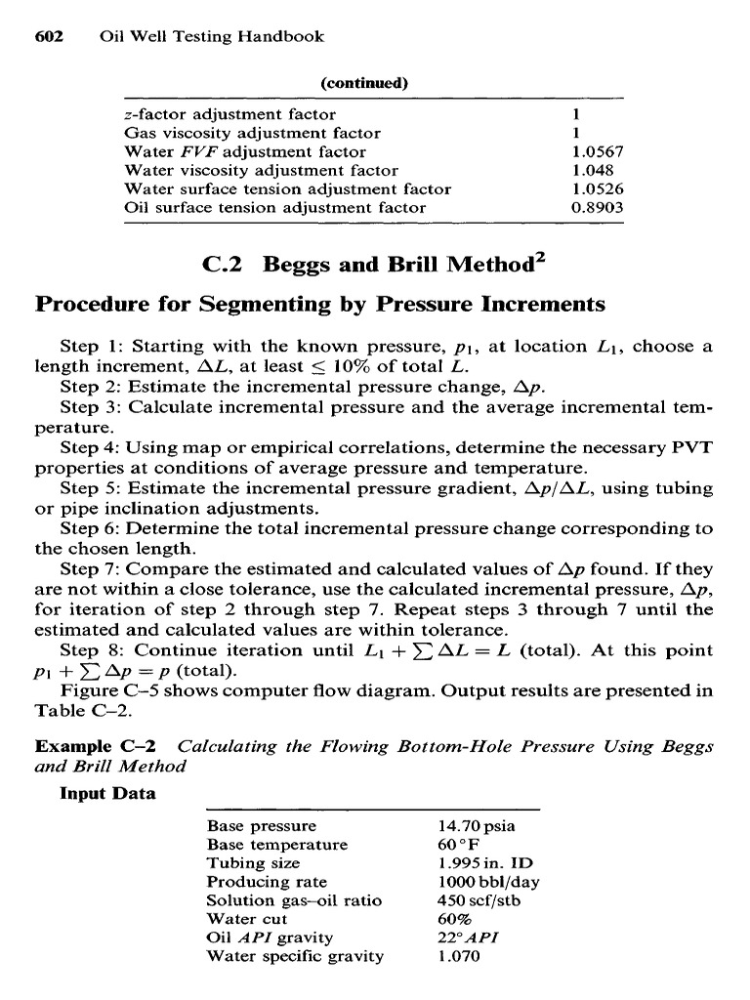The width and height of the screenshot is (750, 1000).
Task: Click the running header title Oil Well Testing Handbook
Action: coord(212,37)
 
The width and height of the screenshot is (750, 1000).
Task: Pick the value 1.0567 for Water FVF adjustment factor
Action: coord(597,151)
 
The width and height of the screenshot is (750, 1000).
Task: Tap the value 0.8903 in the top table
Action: coord(597,207)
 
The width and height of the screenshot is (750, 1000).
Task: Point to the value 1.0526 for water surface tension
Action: coord(597,188)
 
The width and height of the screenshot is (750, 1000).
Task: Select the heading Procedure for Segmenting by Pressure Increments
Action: coord(320,305)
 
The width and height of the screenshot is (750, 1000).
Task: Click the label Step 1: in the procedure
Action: coord(93,347)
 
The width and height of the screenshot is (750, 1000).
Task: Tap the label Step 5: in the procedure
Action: coord(93,488)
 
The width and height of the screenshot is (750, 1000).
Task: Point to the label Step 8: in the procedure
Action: coord(93,650)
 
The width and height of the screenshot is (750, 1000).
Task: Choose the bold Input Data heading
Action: coord(107,793)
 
